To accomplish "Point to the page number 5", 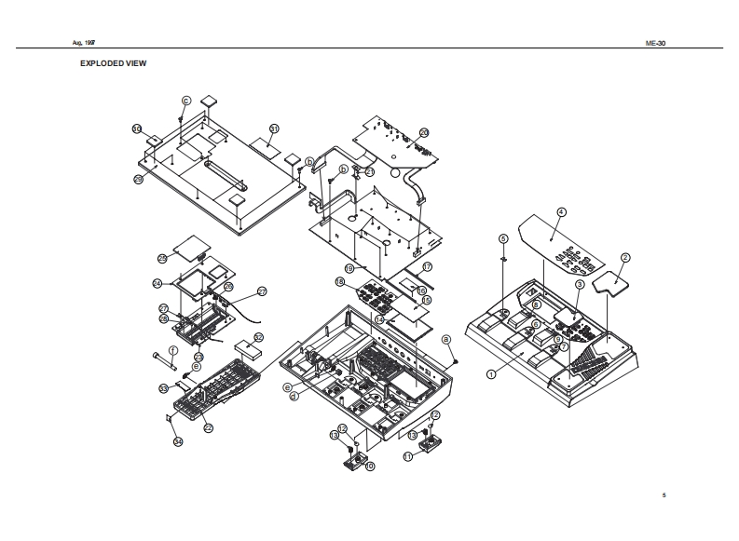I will [664, 494].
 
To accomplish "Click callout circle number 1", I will [490, 374].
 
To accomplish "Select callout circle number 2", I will [625, 257].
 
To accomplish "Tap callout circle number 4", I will [561, 212].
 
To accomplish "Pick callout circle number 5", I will [502, 238].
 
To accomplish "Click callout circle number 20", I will [423, 133].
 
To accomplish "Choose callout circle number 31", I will [274, 128].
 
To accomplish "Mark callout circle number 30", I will [137, 129].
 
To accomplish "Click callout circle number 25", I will [161, 258].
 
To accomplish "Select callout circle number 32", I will [258, 337].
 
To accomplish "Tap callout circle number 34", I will [178, 441].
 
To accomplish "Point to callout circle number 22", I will [208, 427].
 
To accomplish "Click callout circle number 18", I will [340, 281].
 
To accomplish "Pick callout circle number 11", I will [407, 456].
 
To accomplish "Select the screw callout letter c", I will [185, 100].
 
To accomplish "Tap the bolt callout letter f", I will [171, 349].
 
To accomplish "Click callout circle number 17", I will [429, 266].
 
